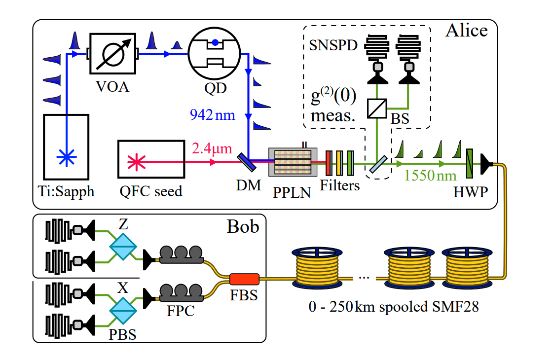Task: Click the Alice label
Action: coord(466,31)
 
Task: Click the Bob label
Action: coord(242,226)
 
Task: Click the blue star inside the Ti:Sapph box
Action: coord(66,157)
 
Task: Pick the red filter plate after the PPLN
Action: coord(328,162)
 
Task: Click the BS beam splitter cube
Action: coord(377,108)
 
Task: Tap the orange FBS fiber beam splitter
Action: coord(244,280)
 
